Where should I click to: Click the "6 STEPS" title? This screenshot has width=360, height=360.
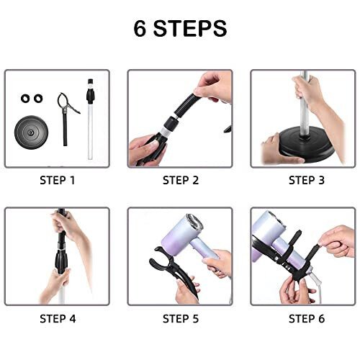pyautogui.click(x=179, y=28)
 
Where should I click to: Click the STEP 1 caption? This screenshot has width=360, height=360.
pyautogui.click(x=58, y=180)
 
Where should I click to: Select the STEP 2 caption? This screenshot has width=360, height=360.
pyautogui.click(x=180, y=180)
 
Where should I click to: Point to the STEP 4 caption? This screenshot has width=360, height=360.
pyautogui.click(x=58, y=318)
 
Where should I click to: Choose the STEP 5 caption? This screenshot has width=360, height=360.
pyautogui.click(x=180, y=318)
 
